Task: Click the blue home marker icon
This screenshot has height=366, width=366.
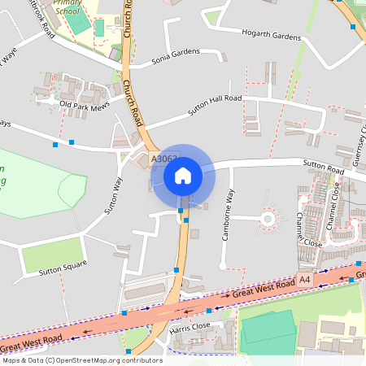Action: tap(183, 176)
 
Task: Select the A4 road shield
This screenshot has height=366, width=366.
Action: tap(304, 280)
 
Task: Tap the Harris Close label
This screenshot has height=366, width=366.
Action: tap(190, 325)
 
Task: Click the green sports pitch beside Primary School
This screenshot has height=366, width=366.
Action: tap(78, 24)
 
